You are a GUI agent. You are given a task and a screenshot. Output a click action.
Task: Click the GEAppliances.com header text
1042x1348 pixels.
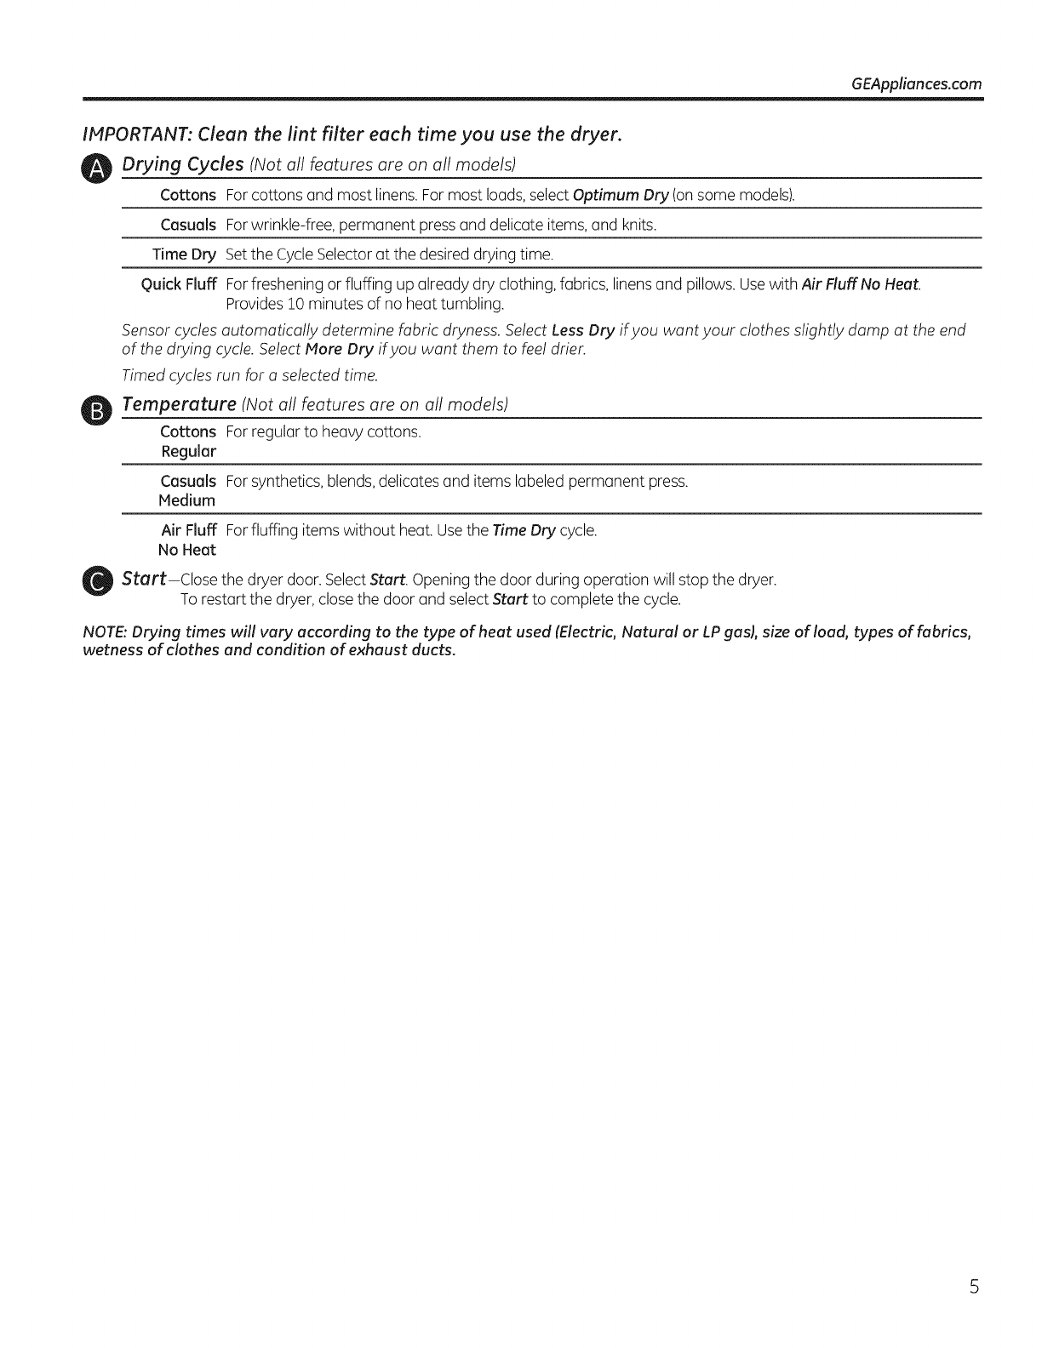(x=915, y=84)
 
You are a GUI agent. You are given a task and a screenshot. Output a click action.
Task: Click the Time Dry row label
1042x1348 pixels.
(x=184, y=254)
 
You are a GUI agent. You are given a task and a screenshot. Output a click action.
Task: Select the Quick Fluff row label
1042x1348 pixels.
(x=178, y=283)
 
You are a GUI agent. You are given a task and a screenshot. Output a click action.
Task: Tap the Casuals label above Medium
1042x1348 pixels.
(x=188, y=482)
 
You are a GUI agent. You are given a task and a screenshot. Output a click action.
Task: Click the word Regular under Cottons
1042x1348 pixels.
(x=188, y=451)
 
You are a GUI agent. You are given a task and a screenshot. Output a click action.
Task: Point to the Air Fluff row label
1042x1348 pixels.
(x=188, y=531)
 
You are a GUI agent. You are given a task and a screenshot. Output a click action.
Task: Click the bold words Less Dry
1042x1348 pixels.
(x=583, y=330)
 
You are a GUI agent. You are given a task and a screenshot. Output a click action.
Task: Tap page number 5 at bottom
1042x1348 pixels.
(x=974, y=1287)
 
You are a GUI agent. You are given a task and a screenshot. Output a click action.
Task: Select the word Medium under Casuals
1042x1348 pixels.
(x=186, y=500)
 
